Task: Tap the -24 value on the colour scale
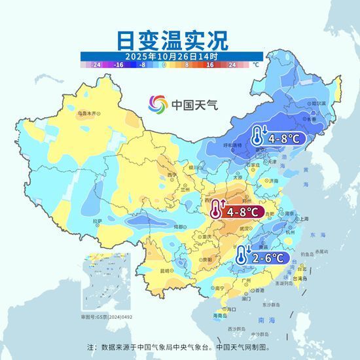pos(96,65)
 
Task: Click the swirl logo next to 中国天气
pos(157,103)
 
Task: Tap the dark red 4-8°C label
pos(243,211)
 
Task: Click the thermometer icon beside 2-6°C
pos(243,255)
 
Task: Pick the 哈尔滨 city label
pos(318,103)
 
